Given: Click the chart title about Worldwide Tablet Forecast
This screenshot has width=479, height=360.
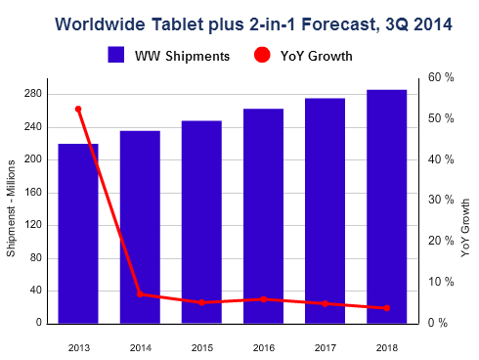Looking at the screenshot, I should [240, 21].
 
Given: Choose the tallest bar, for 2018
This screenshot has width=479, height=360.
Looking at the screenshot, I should [387, 206].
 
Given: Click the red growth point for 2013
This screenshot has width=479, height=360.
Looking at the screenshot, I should [78, 109].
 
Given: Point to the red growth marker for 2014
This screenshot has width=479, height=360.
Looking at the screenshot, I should [140, 293].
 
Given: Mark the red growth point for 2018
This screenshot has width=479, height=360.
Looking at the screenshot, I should [387, 308].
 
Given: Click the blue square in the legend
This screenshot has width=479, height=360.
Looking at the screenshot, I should [116, 56].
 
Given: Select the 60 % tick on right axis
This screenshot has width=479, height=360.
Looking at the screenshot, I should [442, 77].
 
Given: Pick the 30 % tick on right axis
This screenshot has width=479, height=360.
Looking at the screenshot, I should [442, 200].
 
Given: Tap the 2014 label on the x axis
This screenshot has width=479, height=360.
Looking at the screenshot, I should [140, 346].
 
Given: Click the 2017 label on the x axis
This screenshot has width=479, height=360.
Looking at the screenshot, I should [326, 346].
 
